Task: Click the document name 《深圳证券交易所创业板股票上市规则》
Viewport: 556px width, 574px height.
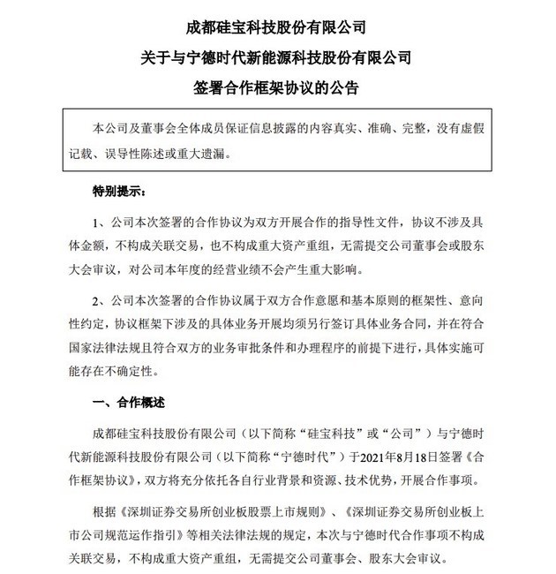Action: pos(223,512)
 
